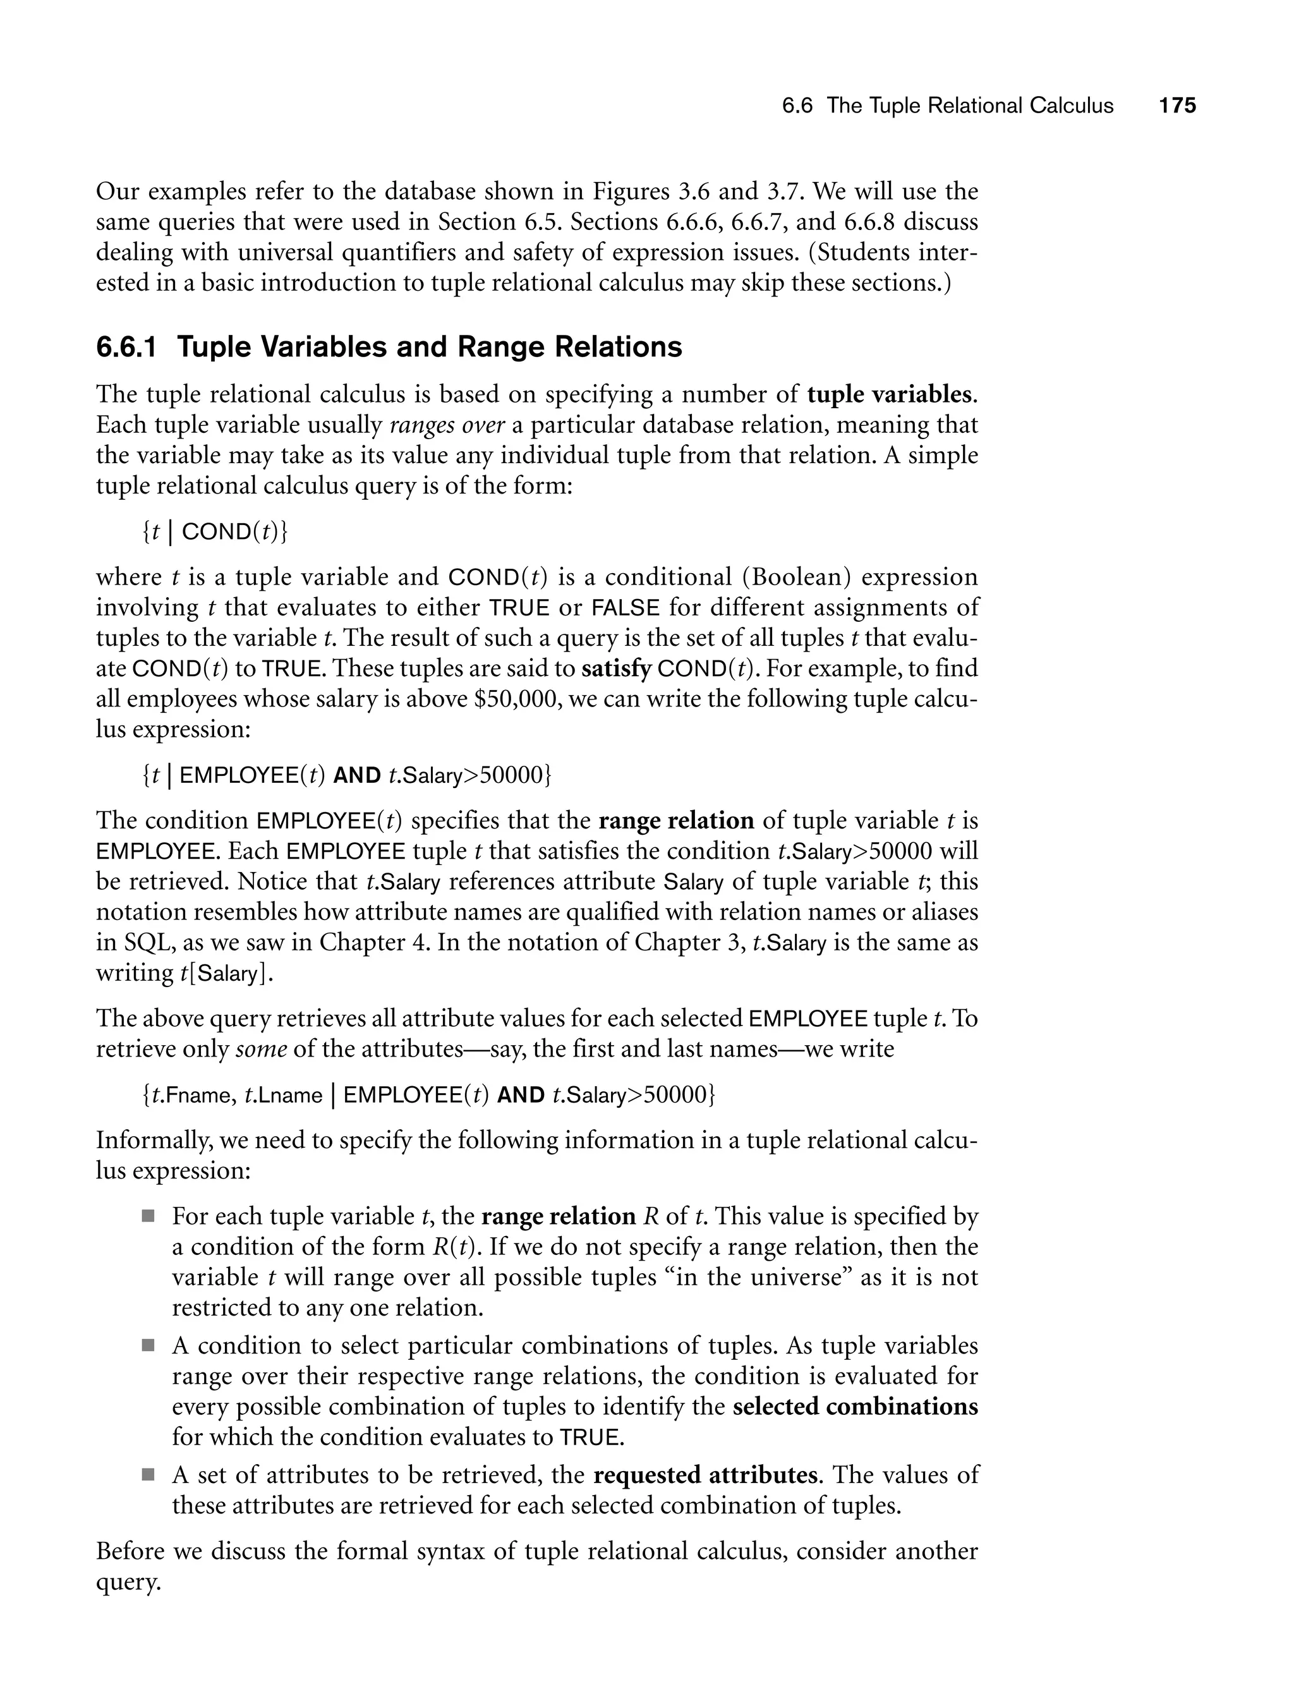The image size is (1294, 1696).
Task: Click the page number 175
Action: [1178, 106]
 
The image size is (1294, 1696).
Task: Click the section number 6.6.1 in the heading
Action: [126, 348]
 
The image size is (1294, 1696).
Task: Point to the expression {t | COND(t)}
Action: [215, 531]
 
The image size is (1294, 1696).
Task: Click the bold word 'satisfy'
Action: [616, 669]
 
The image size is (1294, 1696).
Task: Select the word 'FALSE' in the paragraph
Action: [626, 608]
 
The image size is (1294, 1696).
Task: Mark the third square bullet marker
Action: [148, 1475]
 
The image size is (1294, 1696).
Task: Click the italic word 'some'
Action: [261, 1049]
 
